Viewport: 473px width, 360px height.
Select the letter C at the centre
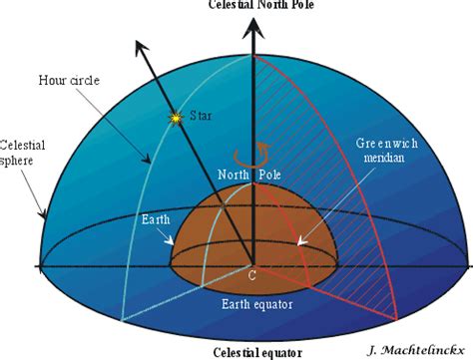pos(252,275)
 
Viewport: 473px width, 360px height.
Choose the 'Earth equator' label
pos(252,296)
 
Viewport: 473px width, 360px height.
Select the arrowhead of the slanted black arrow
pos(141,46)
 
